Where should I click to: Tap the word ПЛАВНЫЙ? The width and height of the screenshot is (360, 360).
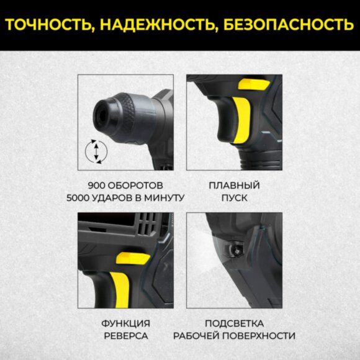pos(234,185)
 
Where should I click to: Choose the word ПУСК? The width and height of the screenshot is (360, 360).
pos(234,198)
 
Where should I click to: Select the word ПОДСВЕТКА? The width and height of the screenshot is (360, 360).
pos(234,323)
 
